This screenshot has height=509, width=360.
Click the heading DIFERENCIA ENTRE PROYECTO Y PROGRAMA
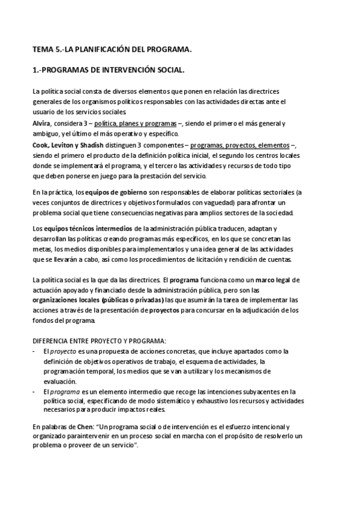[x=99, y=340]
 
